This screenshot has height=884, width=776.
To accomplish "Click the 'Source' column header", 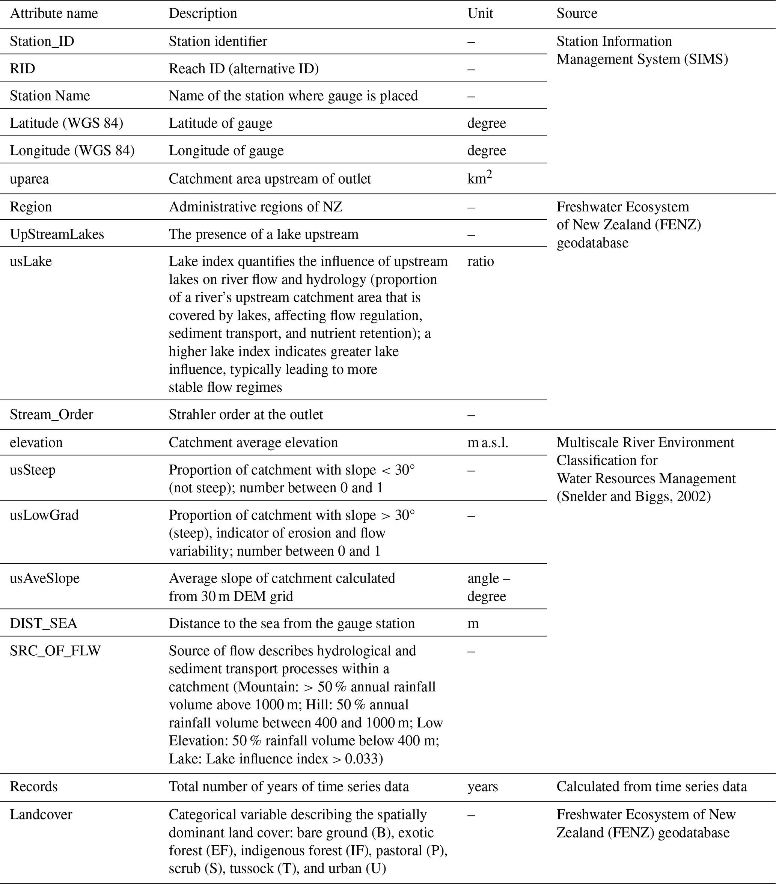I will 577,14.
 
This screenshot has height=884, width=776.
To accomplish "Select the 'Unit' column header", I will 480,14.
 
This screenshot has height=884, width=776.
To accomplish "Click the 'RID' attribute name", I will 23,69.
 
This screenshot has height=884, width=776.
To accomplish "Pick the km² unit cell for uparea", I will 479,178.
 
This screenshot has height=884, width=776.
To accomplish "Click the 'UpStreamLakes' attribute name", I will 57,234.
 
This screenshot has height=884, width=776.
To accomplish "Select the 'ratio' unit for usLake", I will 480,261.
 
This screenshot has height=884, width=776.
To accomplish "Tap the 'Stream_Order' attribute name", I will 51,414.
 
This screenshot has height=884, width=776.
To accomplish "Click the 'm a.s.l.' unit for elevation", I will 488,442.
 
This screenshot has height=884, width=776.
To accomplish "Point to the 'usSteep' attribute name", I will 32,470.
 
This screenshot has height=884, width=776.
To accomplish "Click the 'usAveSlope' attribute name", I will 45,578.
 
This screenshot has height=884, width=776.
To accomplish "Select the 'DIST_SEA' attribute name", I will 43,623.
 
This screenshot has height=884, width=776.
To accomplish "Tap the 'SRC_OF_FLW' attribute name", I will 55,650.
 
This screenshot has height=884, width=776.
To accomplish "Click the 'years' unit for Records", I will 482,786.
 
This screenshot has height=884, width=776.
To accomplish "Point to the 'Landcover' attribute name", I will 41,815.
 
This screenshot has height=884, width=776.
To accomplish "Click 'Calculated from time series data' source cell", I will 651,786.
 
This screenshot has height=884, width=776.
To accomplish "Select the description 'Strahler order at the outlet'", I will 246,414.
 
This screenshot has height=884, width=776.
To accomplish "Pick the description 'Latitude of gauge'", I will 220,123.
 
